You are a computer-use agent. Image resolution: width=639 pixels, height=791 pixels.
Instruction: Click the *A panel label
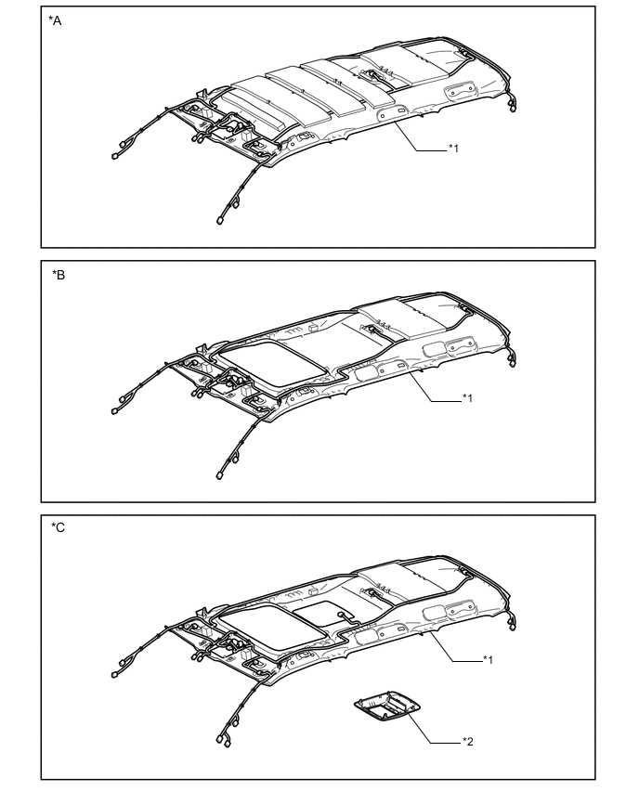click(55, 20)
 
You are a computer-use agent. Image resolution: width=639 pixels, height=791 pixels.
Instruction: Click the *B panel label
click(58, 275)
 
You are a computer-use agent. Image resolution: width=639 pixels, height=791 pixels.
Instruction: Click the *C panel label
click(58, 527)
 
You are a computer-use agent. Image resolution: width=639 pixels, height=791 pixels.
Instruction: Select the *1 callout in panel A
click(454, 149)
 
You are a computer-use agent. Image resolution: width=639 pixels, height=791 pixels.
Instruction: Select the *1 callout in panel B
click(468, 398)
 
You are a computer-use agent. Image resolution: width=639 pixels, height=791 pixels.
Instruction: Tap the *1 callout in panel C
click(489, 659)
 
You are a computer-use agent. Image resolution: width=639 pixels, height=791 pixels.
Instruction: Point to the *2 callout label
click(468, 742)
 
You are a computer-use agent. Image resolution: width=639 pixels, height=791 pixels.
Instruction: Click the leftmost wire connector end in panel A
click(114, 156)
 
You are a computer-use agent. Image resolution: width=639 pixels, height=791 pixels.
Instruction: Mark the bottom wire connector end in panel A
click(219, 220)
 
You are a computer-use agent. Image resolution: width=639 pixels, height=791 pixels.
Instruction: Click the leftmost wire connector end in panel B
click(114, 411)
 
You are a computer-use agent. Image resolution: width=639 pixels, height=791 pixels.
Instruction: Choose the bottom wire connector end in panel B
click(219, 475)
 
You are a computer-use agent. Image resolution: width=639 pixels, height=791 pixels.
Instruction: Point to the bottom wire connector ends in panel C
click(223, 740)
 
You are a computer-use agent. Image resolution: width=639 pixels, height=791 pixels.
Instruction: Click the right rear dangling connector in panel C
click(513, 625)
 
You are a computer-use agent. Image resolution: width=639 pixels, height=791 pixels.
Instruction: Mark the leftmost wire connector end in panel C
click(114, 674)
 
